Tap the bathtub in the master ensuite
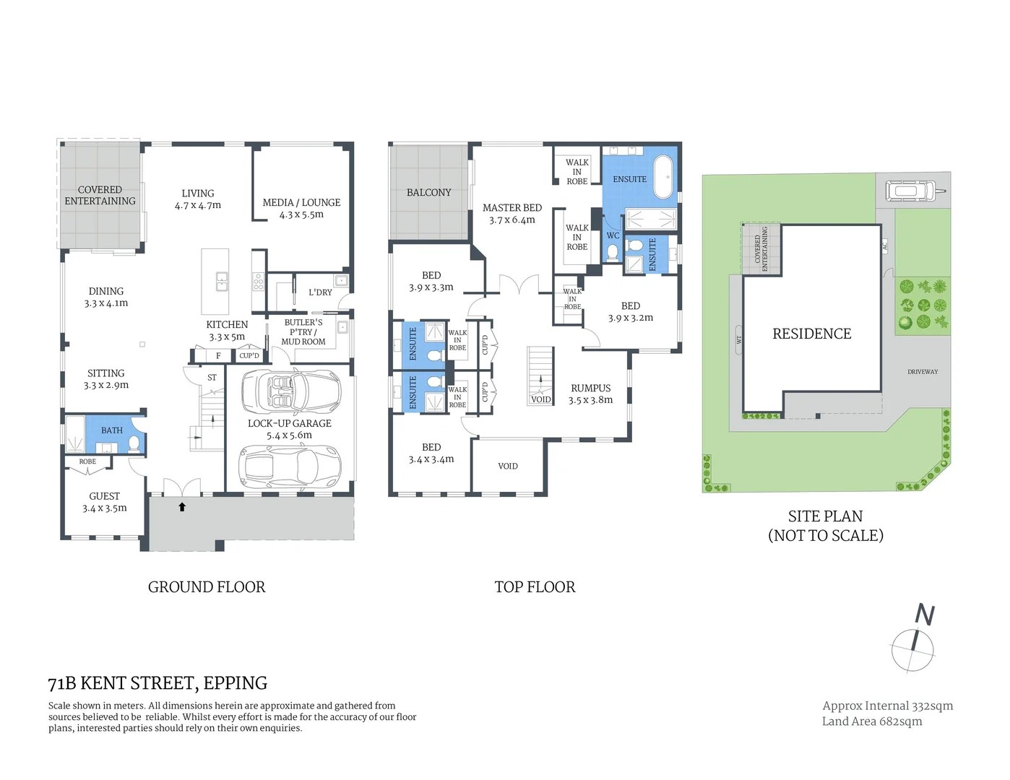click(663, 176)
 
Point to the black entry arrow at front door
click(182, 507)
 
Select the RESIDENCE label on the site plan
click(811, 334)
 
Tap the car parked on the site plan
click(910, 191)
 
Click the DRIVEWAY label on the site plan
click(923, 372)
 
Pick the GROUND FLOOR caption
click(207, 587)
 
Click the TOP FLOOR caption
click(535, 587)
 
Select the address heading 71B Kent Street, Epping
click(157, 683)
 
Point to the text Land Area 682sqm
click(871, 721)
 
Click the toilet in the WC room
click(613, 251)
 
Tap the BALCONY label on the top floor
click(428, 193)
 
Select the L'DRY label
click(320, 292)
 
